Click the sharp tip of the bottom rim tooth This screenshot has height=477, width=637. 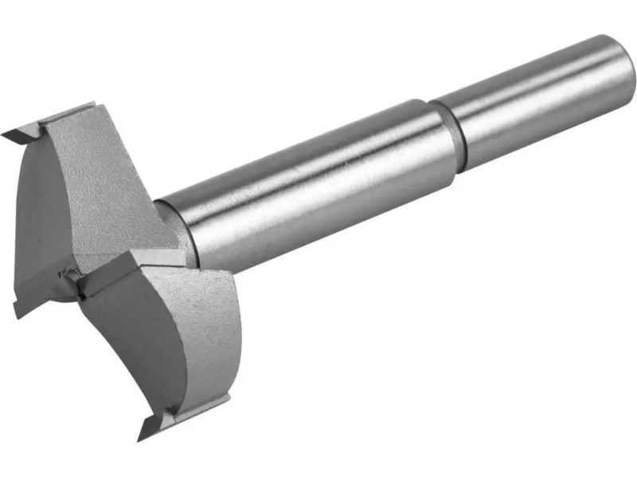click(143, 436)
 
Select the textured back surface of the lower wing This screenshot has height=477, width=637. click(203, 334)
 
